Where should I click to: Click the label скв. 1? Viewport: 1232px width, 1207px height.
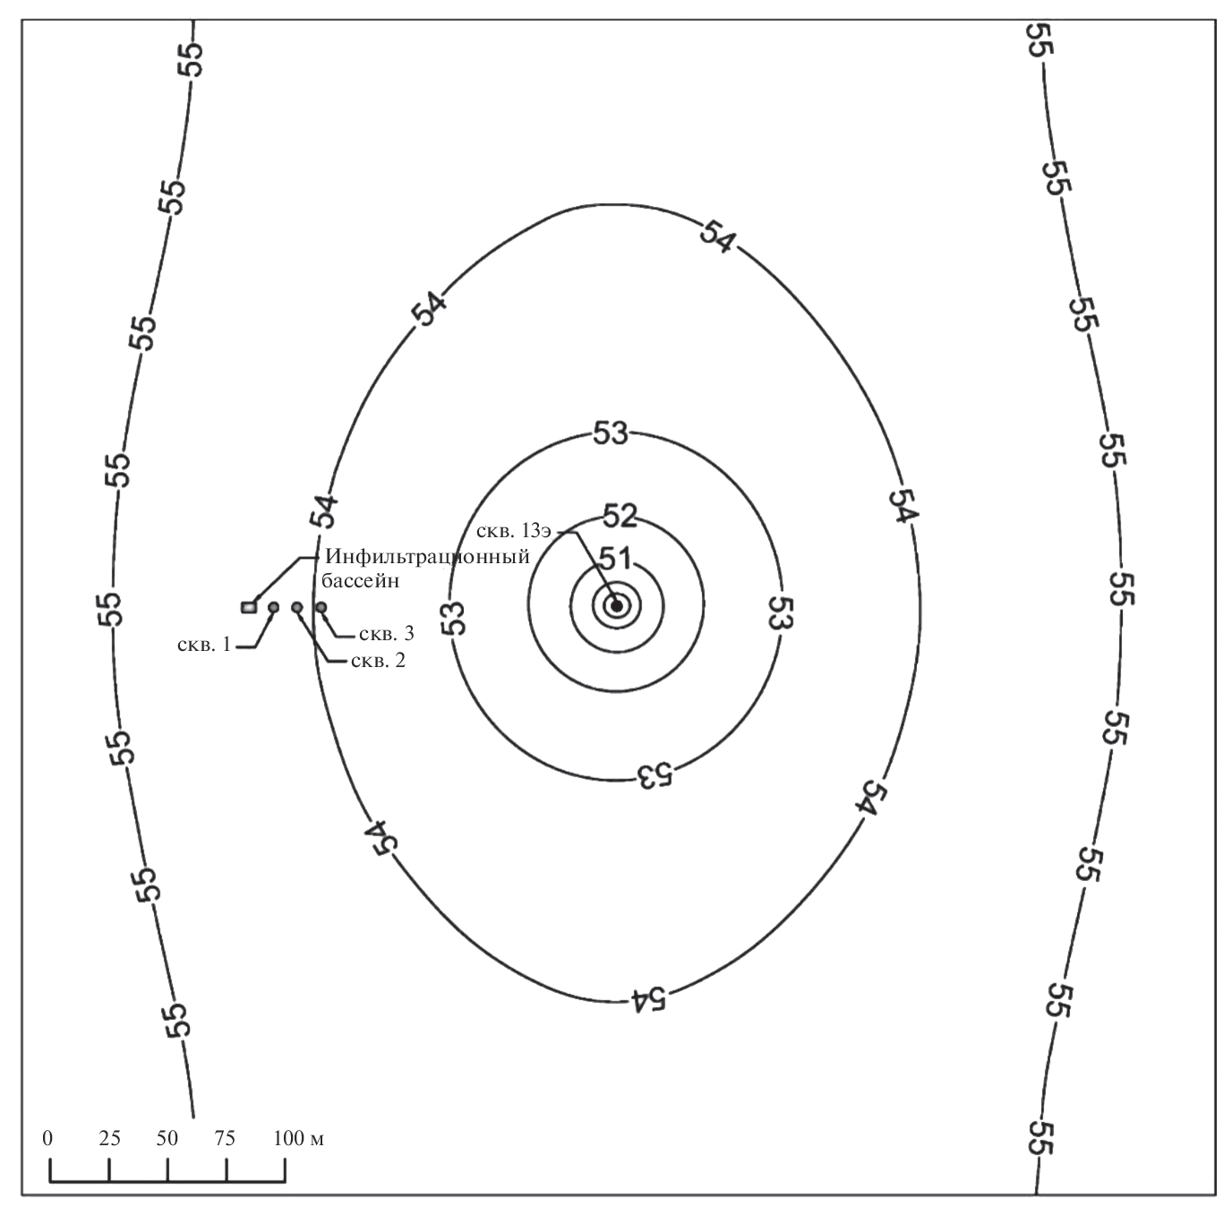pos(204,645)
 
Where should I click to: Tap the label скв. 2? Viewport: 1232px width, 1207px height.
pos(378,661)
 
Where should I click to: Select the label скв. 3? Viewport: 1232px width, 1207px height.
pos(386,633)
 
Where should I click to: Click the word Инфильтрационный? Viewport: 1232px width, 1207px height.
pos(427,556)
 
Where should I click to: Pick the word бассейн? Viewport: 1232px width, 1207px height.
pos(361,581)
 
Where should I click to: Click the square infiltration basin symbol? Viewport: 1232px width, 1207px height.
pos(249,607)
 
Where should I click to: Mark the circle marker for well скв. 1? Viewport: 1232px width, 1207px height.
pos(273,607)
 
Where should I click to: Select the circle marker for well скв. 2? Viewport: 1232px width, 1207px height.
pos(297,607)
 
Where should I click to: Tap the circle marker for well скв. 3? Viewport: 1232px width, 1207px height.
pos(321,607)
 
